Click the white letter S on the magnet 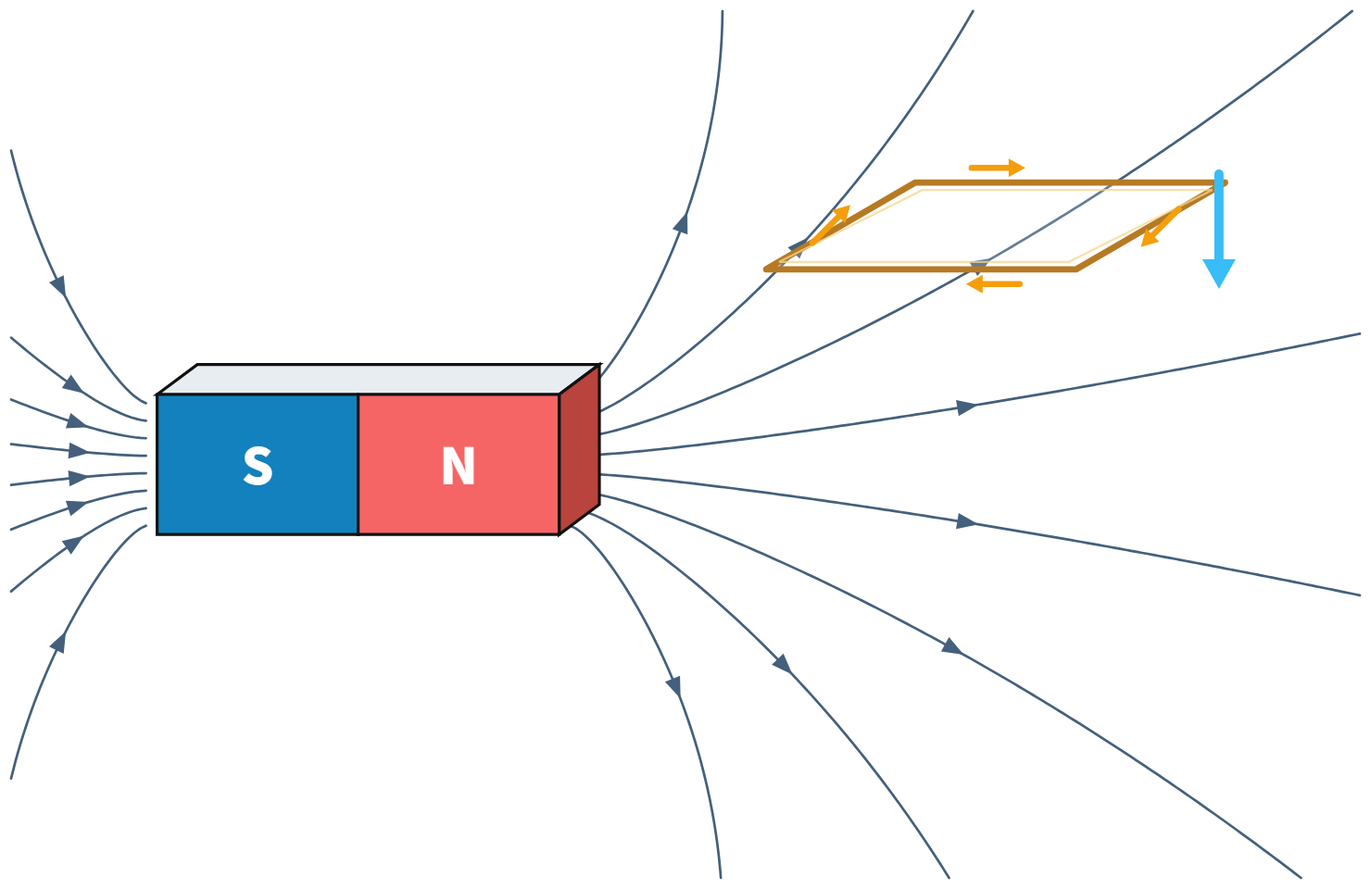click(x=258, y=466)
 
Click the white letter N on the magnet click(x=459, y=466)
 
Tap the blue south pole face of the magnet click(x=258, y=464)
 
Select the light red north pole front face click(x=459, y=464)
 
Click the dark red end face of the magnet click(x=579, y=450)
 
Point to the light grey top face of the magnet click(x=378, y=380)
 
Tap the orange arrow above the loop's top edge click(x=997, y=168)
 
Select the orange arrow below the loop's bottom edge click(x=995, y=284)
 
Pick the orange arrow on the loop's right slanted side click(x=1161, y=226)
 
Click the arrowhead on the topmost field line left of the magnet click(x=58, y=285)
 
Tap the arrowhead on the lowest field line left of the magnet click(x=58, y=643)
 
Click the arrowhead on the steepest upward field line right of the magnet click(x=681, y=223)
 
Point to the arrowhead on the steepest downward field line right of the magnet click(x=673, y=686)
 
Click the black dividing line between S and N click(x=358, y=464)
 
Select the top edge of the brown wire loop click(x=1070, y=182)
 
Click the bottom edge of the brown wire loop click(x=921, y=269)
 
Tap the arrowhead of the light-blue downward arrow click(x=1218, y=273)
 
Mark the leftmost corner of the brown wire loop click(x=766, y=269)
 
